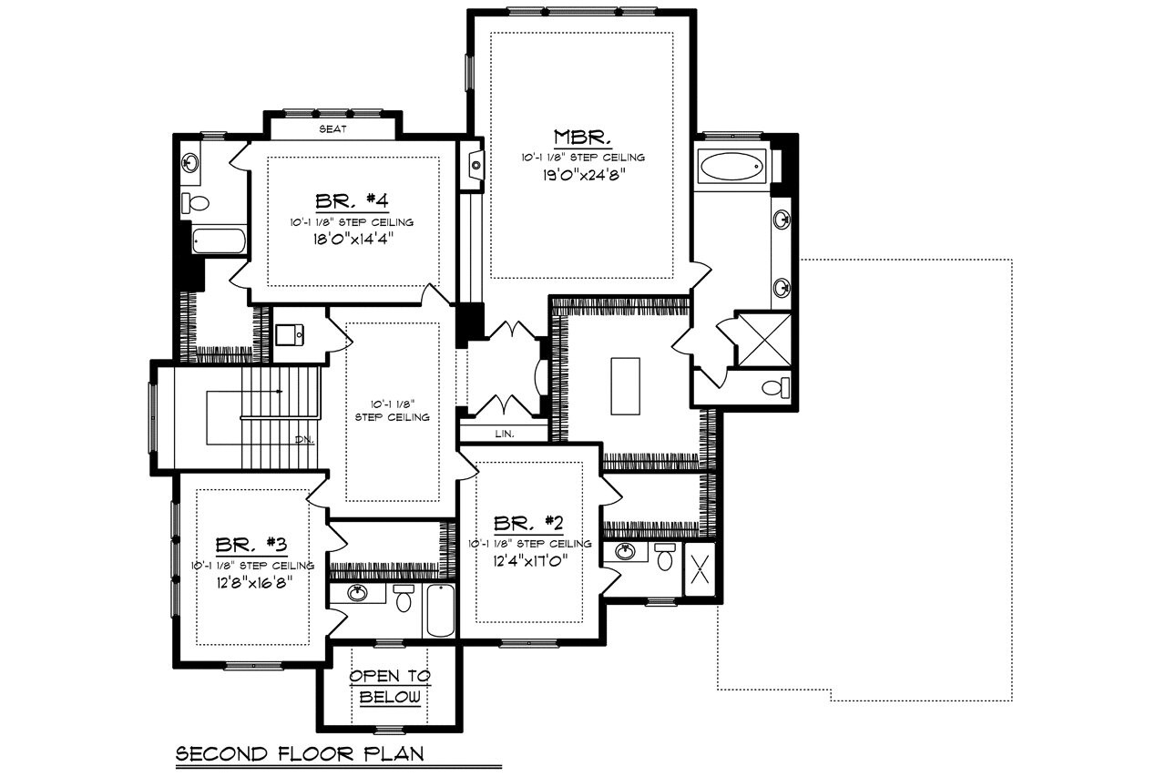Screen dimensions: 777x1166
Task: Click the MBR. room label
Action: tap(582, 138)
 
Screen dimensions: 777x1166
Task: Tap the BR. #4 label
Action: tap(351, 201)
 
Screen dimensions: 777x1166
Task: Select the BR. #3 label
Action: tap(251, 546)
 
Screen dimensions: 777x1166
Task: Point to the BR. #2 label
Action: tap(529, 523)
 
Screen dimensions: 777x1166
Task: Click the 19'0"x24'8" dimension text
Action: tap(583, 175)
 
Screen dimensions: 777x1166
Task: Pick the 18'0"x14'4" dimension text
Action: tap(352, 240)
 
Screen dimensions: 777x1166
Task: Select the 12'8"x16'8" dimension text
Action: tap(252, 584)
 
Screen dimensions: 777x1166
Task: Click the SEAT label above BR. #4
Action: tap(331, 129)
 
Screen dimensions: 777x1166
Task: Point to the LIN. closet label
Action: tap(504, 435)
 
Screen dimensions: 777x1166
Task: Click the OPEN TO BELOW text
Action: tap(390, 687)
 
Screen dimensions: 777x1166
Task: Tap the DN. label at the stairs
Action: tap(304, 439)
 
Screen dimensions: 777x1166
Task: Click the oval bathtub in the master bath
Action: tap(732, 169)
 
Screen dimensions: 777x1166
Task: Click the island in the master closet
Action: tap(624, 386)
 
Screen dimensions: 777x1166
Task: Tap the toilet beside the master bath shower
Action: tap(774, 389)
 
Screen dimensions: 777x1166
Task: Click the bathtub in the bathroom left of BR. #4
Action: tap(219, 241)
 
